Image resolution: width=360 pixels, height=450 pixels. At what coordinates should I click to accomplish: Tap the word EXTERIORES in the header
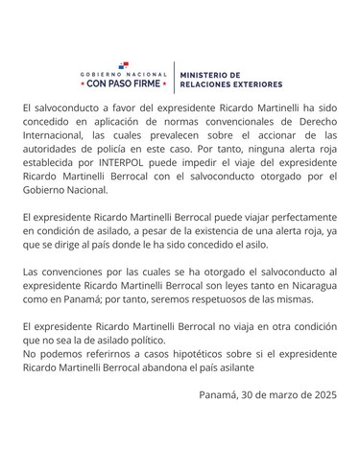pos(243,83)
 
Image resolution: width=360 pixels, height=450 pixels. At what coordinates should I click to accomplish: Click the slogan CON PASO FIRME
pos(128,83)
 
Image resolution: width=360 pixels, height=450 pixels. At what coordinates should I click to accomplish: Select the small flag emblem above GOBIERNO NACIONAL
pos(128,63)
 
